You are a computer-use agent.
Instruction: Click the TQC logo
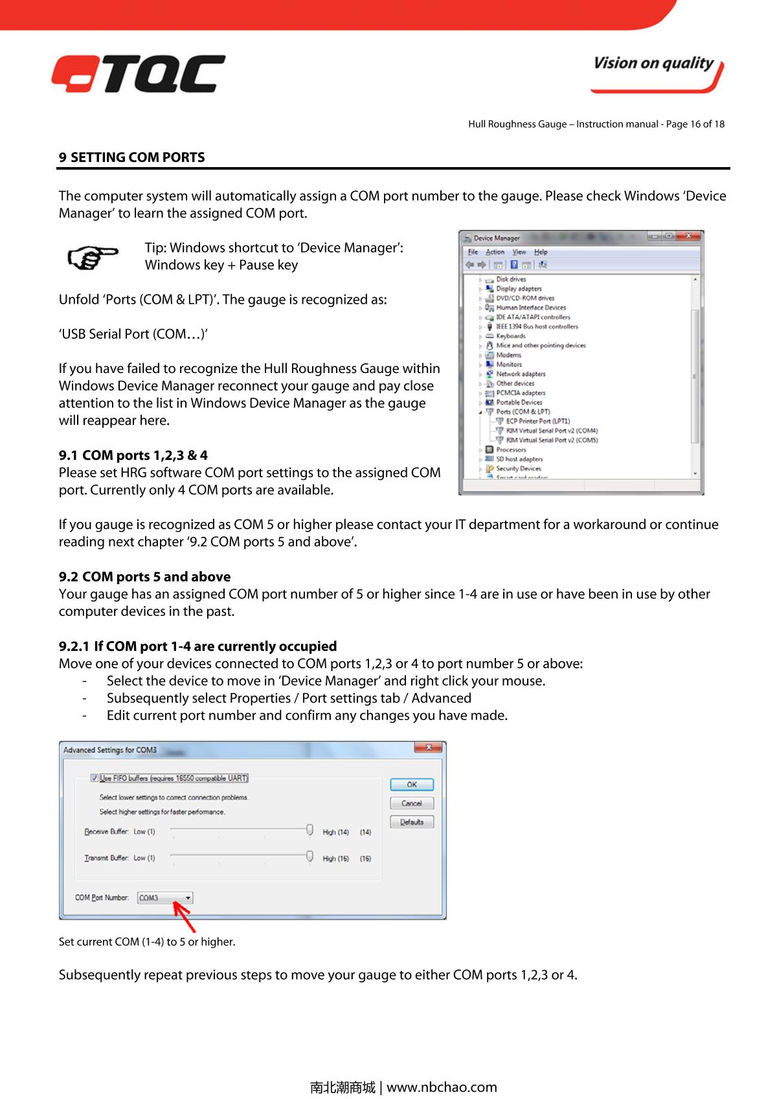[139, 73]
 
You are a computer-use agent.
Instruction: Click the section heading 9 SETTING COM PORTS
[132, 157]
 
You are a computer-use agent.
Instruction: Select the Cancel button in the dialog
[411, 803]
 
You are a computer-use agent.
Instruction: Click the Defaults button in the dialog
[411, 822]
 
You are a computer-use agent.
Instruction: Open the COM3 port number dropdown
[188, 898]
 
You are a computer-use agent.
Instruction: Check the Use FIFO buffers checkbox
[95, 778]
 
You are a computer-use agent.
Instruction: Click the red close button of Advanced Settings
[428, 749]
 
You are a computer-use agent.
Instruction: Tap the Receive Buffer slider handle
[310, 830]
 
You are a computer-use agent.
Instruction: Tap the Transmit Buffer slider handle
[310, 856]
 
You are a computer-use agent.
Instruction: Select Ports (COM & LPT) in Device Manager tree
[523, 412]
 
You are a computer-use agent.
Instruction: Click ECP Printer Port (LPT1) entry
[537, 421]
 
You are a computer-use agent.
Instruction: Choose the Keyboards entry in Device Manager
[510, 336]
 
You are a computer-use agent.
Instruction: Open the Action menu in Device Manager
[495, 252]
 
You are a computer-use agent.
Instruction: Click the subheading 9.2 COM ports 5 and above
[144, 576]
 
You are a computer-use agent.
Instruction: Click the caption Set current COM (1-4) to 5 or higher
[147, 942]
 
